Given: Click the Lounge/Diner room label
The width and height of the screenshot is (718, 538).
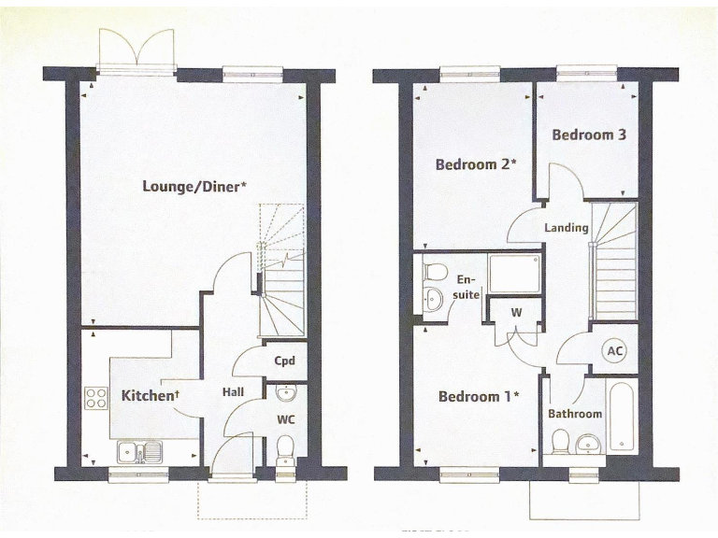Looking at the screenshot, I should tap(194, 186).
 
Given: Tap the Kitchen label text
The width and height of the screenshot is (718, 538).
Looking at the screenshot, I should tap(150, 396).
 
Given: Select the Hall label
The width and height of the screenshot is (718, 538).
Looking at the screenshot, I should tap(233, 393).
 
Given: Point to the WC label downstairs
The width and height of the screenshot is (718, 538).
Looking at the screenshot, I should tap(285, 419).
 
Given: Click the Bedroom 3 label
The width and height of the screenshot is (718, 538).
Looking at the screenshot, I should tap(588, 134).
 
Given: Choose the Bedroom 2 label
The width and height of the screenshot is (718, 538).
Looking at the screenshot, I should tap(477, 164).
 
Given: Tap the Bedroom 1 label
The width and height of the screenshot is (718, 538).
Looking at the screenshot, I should tap(480, 396).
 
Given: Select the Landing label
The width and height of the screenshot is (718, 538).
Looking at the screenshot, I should tap(567, 228).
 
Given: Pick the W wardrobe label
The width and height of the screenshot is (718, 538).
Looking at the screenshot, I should tap(515, 313).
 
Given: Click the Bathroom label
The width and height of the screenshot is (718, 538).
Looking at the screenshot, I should tap(575, 414).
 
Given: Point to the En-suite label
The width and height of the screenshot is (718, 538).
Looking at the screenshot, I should tap(466, 287).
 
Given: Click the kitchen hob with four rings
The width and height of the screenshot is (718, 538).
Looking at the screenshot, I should tap(96, 399).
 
